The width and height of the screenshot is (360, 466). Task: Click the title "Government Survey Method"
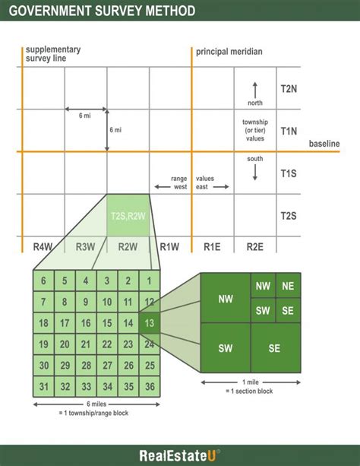[102, 11]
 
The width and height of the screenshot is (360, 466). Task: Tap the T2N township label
[289, 89]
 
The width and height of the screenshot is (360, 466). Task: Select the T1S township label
[289, 173]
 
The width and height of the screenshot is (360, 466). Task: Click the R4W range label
[43, 246]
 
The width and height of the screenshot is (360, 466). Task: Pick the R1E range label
[212, 246]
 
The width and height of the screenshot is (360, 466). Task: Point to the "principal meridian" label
[229, 52]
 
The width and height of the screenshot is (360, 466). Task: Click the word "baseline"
[324, 144]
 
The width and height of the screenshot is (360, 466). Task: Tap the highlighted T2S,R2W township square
[128, 215]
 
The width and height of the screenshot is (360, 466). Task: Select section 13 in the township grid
[150, 323]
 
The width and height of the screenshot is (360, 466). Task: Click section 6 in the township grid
[43, 281]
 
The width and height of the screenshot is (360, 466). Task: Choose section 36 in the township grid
[150, 386]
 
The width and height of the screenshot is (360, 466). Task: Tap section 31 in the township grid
[43, 386]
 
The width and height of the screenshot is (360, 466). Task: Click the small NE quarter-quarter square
[288, 286]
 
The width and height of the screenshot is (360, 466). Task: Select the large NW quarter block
[226, 298]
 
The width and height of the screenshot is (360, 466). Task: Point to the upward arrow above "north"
[255, 90]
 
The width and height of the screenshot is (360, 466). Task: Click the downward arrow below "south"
[255, 173]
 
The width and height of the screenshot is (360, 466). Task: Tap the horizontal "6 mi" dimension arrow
[86, 109]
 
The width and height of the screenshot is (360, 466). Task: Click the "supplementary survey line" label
[53, 54]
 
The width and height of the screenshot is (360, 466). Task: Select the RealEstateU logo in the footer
[180, 455]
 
